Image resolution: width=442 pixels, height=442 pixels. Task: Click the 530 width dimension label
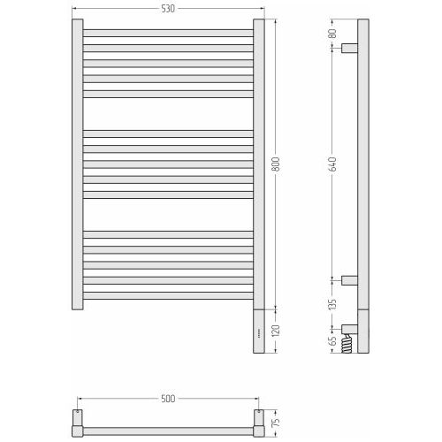(168, 9)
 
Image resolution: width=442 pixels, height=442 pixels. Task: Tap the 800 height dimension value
(276, 164)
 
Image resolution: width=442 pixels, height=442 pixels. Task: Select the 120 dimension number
(276, 331)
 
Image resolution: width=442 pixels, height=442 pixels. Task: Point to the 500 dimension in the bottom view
(168, 399)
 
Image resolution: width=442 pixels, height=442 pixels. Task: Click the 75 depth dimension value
(276, 423)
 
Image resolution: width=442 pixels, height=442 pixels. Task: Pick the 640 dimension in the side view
(332, 164)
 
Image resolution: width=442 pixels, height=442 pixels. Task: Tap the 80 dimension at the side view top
(332, 34)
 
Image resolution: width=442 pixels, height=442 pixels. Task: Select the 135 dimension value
(332, 304)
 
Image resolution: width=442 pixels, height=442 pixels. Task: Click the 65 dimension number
(332, 341)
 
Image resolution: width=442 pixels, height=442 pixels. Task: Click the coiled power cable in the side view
(347, 343)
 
